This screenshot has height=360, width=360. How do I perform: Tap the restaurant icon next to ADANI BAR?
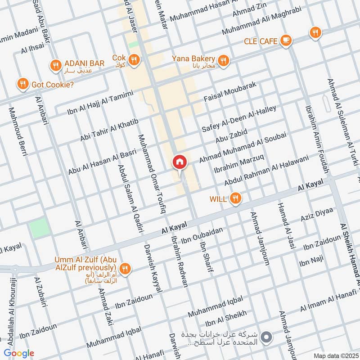(56, 65)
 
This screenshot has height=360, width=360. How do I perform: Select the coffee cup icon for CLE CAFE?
(285, 41)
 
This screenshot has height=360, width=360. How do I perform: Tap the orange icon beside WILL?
(235, 198)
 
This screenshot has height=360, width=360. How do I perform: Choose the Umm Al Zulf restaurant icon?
(126, 268)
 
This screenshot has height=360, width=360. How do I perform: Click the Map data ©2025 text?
(335, 355)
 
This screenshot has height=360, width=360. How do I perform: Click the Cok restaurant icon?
(134, 59)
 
